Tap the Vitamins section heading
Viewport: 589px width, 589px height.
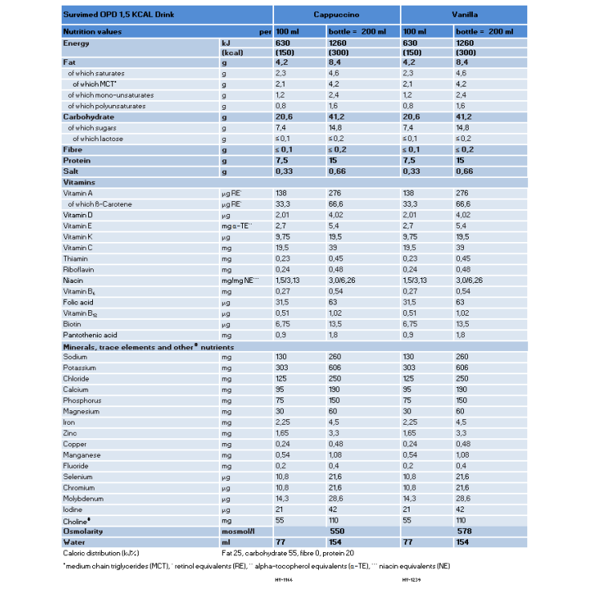click(x=79, y=183)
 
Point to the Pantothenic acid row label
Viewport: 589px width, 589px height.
click(x=90, y=334)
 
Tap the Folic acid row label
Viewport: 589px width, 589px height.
click(x=79, y=302)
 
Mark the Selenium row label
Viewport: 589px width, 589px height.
click(x=79, y=477)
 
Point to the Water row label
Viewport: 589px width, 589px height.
click(x=74, y=542)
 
